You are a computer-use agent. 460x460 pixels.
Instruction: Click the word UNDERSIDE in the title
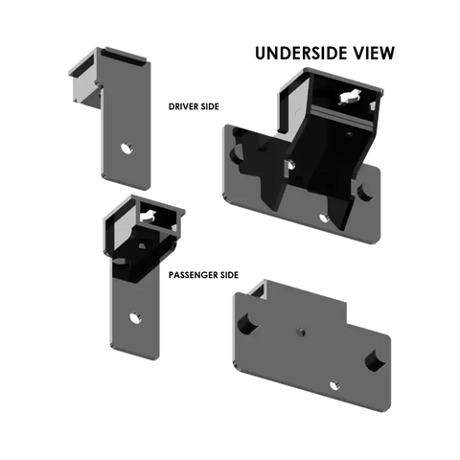click(297, 53)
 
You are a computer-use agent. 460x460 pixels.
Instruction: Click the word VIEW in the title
click(370, 53)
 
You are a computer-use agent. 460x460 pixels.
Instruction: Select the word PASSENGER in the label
click(195, 275)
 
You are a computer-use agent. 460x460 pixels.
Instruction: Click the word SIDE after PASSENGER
click(230, 275)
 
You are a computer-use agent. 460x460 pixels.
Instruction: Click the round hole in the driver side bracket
click(126, 149)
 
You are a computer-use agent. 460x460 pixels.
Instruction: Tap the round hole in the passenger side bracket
click(136, 318)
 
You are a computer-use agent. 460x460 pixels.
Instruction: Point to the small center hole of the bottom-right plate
click(300, 333)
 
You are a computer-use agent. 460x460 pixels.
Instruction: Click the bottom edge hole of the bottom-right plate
click(333, 385)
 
